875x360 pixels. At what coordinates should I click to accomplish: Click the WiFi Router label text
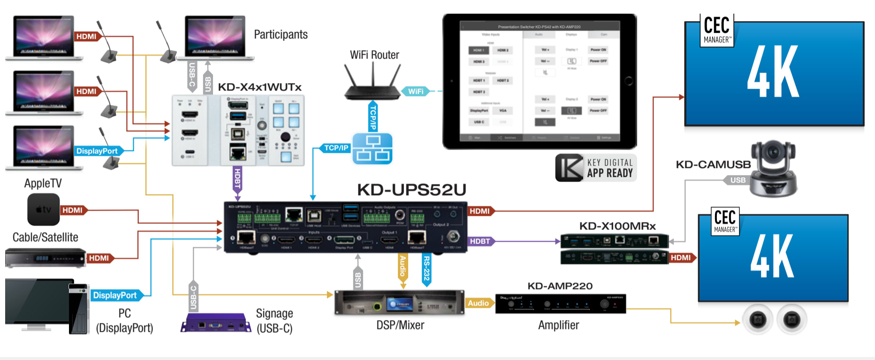pos(374,55)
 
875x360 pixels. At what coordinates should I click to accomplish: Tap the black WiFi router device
pos(373,90)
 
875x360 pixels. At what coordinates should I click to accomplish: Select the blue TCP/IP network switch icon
pos(373,148)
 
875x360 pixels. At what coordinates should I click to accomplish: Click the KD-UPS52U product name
pos(411,190)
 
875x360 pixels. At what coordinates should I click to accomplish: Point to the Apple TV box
pos(44,209)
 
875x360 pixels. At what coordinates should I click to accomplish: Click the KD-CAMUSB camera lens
pos(772,153)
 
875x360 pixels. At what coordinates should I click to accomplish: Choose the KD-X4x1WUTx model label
pos(259,87)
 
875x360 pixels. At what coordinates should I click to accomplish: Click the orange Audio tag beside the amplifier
pos(478,303)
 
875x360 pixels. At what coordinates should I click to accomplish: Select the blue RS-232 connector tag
pos(426,269)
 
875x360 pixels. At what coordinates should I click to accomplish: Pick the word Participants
pos(281,35)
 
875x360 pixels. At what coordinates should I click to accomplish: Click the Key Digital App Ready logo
pos(596,168)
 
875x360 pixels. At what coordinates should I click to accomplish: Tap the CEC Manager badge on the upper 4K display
pos(716,30)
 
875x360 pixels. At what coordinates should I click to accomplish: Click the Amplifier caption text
pos(558,325)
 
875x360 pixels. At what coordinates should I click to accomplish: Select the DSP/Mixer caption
pos(400,325)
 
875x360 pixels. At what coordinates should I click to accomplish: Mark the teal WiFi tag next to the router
pos(416,91)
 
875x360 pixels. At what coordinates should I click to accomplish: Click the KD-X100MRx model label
pos(617,226)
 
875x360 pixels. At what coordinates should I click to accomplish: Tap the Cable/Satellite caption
pos(46,237)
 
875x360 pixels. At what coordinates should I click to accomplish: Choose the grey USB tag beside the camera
pos(738,180)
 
